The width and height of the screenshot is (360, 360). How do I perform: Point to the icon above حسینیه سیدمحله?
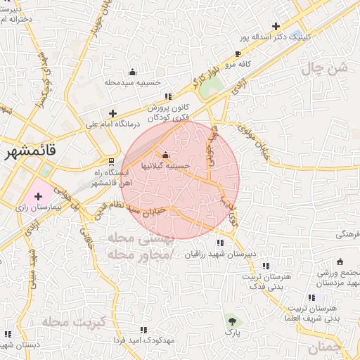[x=133, y=72]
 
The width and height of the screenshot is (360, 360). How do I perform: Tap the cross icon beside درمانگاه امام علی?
[x=112, y=113]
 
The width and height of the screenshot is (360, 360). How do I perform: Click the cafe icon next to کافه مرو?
[x=238, y=53]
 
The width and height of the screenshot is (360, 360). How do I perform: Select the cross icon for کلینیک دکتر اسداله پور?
[x=276, y=25]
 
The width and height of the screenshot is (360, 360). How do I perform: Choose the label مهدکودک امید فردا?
[x=144, y=340]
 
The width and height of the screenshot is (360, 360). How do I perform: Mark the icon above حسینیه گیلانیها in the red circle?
[x=166, y=155]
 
